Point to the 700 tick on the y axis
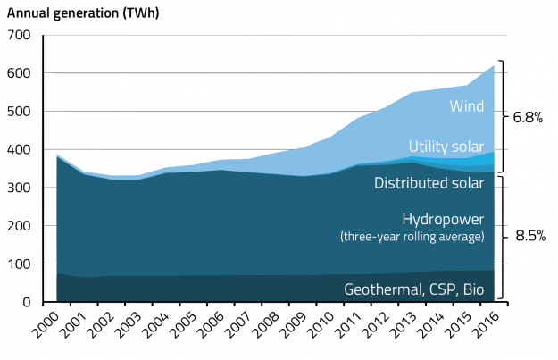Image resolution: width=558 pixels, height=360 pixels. [18, 35]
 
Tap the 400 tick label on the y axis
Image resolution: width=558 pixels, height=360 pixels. [18, 150]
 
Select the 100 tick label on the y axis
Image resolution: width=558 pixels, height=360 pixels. [18, 264]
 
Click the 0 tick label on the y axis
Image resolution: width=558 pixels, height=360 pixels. [26, 303]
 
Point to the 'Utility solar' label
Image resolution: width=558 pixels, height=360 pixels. [446, 146]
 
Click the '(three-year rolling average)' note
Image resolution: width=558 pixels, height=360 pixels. [412, 237]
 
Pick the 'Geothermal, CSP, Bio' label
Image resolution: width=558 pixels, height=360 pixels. [413, 289]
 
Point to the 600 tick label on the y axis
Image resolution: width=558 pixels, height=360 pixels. [18, 73]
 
